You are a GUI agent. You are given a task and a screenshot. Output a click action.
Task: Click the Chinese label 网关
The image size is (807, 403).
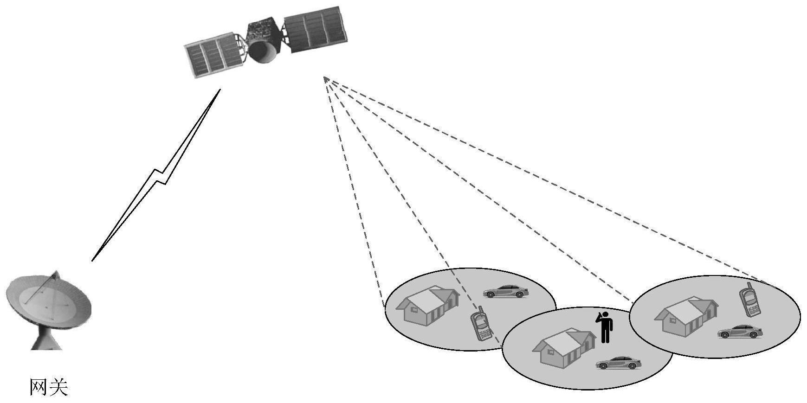(49, 387)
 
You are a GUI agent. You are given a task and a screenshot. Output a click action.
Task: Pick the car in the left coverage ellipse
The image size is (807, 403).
(506, 291)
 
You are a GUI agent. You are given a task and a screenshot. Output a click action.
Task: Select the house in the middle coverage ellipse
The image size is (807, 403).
(564, 347)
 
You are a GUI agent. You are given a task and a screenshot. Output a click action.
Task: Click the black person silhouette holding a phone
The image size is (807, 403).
(604, 327)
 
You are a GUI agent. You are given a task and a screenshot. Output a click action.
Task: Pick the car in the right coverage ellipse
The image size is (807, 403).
(740, 331)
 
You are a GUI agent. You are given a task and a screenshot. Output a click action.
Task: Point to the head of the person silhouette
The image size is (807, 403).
(605, 315)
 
